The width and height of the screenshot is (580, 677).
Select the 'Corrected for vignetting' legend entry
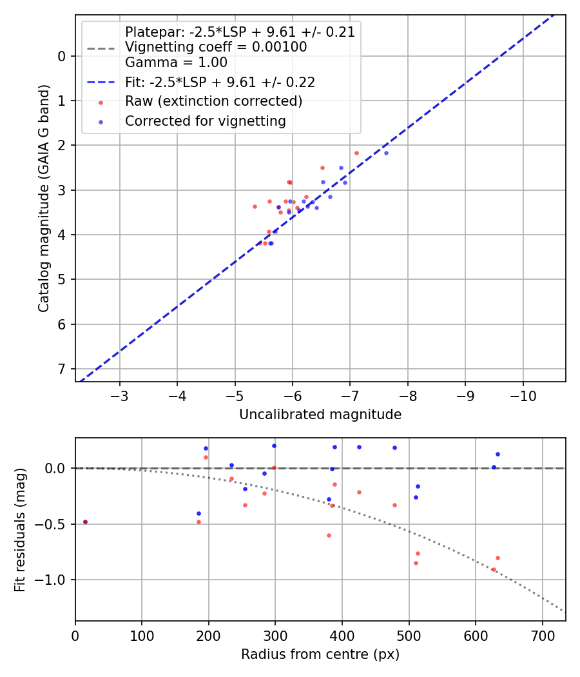(206, 121)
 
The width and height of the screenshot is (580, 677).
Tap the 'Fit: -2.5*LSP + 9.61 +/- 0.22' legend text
(220, 82)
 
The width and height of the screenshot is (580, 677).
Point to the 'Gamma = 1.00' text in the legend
(176, 63)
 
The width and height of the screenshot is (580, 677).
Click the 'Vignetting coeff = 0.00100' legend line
(216, 47)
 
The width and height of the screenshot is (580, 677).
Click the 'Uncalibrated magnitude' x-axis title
(320, 415)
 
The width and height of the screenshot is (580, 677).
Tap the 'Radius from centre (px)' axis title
(320, 654)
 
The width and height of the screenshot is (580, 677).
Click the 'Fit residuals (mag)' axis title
(21, 529)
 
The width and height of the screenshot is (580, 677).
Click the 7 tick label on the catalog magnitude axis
(62, 369)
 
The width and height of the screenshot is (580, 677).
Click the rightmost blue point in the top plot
(386, 153)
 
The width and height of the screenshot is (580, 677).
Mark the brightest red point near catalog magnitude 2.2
(356, 153)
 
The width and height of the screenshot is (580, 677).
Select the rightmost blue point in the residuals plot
(498, 454)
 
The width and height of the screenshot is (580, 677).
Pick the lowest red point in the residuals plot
(494, 569)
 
